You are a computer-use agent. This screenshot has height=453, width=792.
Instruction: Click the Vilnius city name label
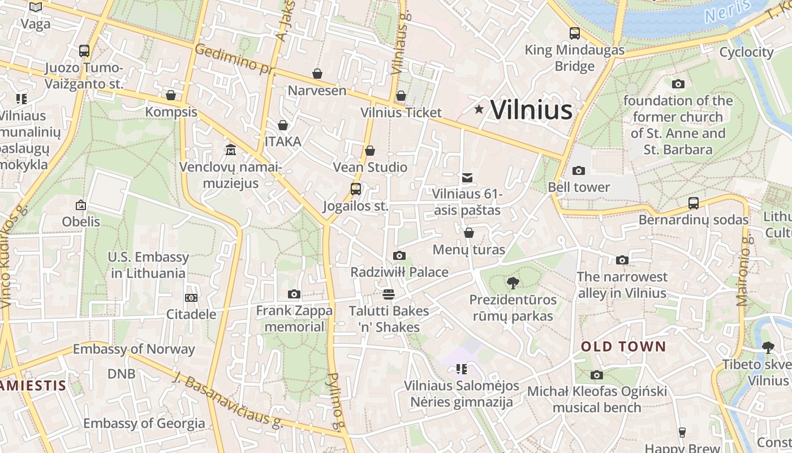pyautogui.click(x=531, y=109)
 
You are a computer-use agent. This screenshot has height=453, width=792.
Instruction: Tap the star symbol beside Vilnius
pyautogui.click(x=479, y=109)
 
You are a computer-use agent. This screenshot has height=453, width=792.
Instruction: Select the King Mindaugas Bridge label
pyautogui.click(x=575, y=58)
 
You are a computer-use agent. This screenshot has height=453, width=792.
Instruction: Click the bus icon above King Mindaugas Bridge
pyautogui.click(x=575, y=33)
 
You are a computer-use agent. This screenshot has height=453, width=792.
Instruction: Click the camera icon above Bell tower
pyautogui.click(x=578, y=170)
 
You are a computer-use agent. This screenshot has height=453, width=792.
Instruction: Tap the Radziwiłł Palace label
pyautogui.click(x=399, y=272)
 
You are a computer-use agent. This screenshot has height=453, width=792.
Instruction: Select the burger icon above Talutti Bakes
pyautogui.click(x=388, y=294)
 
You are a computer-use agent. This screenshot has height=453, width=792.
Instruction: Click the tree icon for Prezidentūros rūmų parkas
pyautogui.click(x=513, y=283)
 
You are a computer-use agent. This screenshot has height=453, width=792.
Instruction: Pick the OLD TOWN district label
pyautogui.click(x=623, y=347)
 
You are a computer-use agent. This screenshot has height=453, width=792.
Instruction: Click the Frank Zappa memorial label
pyautogui.click(x=294, y=318)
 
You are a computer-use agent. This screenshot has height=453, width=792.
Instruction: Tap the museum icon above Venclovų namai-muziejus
pyautogui.click(x=231, y=150)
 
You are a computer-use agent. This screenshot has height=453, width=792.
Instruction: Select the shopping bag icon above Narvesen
pyautogui.click(x=317, y=74)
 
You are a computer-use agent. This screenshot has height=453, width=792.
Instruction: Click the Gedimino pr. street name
pyautogui.click(x=234, y=58)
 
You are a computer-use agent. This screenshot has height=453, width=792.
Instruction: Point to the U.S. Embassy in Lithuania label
pyautogui.click(x=148, y=265)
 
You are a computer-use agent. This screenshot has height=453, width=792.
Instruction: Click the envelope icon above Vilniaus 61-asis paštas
pyautogui.click(x=467, y=178)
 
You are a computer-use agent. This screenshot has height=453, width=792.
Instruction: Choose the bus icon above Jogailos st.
pyautogui.click(x=356, y=189)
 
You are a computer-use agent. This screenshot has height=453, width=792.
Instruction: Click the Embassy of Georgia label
pyautogui.click(x=144, y=423)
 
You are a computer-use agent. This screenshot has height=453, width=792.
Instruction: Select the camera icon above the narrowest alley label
pyautogui.click(x=622, y=260)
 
